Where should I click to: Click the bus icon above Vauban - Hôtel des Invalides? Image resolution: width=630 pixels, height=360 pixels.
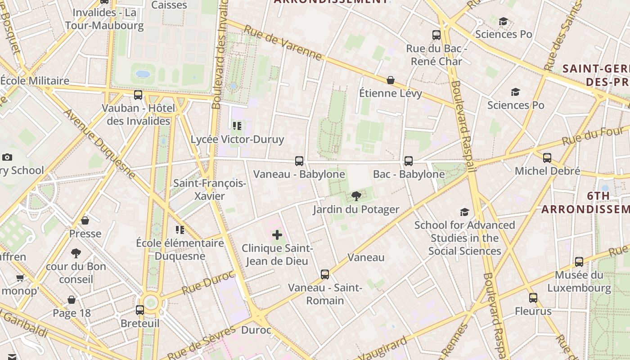click(138, 95)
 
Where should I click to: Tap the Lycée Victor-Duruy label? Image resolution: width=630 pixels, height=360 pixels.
click(237, 139)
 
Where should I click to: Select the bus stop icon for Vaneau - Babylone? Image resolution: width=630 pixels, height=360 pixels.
click(299, 161)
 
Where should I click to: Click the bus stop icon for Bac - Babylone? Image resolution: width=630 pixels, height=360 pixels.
click(409, 161)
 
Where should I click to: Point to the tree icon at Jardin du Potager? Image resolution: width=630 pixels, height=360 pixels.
click(356, 196)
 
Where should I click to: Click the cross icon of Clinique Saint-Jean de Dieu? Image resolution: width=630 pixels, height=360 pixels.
click(277, 234)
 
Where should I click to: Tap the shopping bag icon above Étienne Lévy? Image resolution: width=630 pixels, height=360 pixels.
click(391, 80)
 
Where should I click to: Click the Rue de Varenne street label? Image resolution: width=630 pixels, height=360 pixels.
click(283, 43)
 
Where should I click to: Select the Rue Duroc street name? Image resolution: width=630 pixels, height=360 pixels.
click(208, 282)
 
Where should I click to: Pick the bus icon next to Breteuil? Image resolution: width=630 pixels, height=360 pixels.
click(140, 310)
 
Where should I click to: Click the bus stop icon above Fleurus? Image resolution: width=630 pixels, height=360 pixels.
click(533, 298)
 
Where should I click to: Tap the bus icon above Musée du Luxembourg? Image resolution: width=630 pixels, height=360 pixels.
click(579, 261)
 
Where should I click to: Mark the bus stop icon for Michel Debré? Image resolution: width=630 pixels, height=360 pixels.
click(547, 158)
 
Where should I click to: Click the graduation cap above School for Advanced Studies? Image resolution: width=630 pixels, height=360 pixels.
click(464, 212)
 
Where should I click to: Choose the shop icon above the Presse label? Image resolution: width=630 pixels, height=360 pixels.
click(85, 220)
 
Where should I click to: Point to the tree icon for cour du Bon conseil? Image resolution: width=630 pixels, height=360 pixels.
click(76, 253)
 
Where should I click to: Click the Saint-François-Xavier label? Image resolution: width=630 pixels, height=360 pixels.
click(210, 189)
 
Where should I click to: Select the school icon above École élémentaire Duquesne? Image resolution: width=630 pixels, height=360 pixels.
click(180, 230)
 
